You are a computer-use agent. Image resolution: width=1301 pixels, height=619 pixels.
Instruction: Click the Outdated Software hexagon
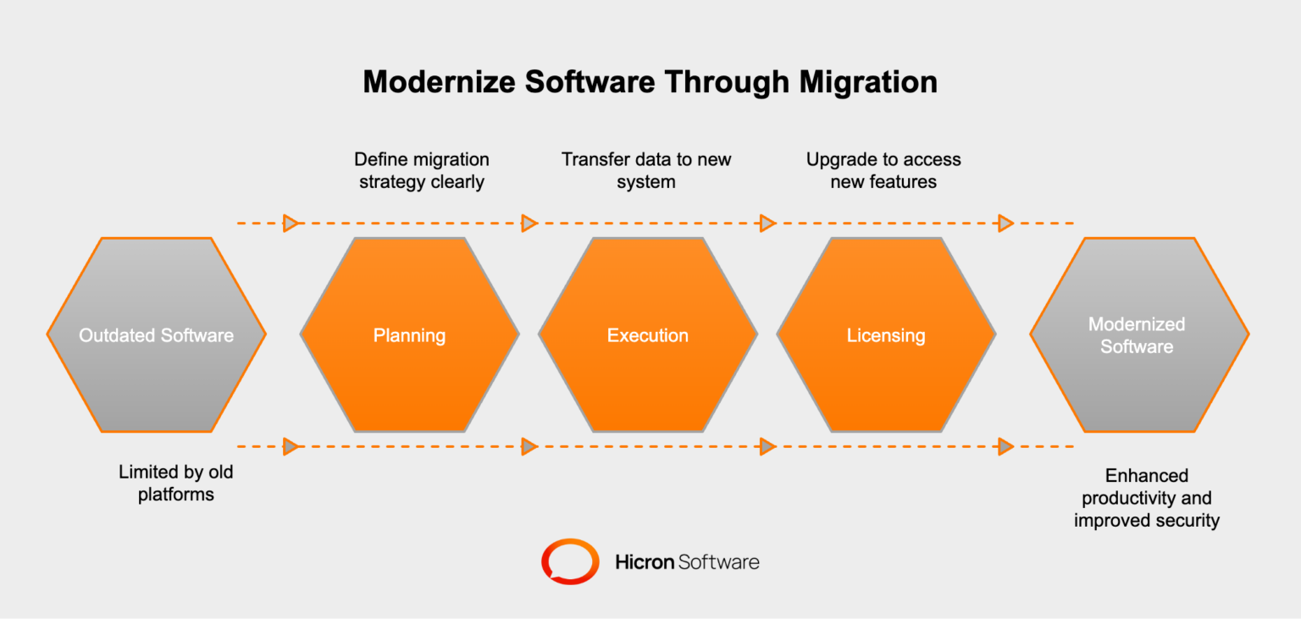pos(157,335)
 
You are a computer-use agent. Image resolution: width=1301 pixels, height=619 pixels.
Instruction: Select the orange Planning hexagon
pos(409,335)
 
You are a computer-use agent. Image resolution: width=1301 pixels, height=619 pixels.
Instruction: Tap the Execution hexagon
pos(648,335)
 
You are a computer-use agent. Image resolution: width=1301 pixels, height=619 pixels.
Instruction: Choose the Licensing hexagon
pos(886,335)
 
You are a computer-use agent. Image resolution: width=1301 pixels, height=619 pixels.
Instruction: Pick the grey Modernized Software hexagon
pos(1139,335)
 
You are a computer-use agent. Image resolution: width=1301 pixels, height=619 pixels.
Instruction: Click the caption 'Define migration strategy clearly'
pos(422,170)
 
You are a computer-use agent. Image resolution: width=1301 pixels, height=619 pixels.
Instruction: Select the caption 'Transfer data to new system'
pos(646,170)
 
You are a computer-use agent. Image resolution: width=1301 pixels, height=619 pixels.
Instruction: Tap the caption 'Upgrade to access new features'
pos(883,170)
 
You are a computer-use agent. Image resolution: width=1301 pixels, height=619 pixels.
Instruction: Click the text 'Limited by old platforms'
pos(176,483)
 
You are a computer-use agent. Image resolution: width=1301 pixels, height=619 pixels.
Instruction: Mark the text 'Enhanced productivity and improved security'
pos(1147,498)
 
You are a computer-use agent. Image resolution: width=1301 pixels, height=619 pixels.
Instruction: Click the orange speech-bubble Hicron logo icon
pos(570,561)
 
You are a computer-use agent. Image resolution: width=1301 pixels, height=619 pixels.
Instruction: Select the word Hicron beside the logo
pos(645,561)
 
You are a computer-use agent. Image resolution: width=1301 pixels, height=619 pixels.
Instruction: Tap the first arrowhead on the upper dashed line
pos(291,224)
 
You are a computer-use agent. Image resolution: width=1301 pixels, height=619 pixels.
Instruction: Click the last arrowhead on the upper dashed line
pos(1005,224)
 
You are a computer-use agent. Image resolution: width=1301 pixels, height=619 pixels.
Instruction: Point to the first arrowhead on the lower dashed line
pos(291,446)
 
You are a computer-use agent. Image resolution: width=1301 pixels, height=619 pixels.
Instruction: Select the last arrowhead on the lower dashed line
pos(1005,446)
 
